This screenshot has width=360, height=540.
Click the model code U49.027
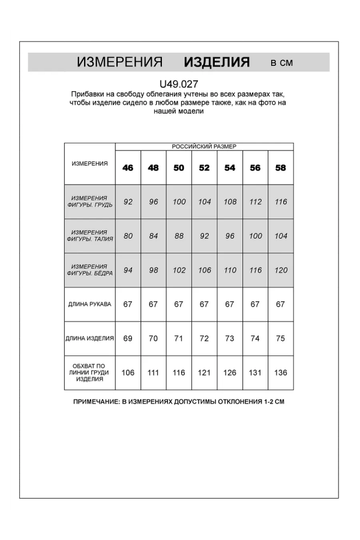[179, 85]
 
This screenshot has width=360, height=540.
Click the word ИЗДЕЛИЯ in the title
[217, 62]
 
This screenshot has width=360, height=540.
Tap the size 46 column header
[128, 168]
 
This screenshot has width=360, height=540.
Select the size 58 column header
[280, 168]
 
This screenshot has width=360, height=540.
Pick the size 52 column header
[204, 168]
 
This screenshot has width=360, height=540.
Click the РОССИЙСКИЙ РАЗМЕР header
[204, 146]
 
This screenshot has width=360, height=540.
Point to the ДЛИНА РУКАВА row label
[89, 304]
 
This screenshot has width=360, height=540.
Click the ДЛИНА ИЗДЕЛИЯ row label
[89, 338]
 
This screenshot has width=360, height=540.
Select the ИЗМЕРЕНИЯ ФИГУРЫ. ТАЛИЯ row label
[89, 236]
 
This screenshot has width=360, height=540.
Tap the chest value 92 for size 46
[128, 202]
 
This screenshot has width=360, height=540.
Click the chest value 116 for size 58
[280, 202]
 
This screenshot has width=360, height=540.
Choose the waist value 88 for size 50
[179, 236]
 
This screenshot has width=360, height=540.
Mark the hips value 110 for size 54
[230, 270]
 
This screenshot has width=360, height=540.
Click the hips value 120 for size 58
[280, 270]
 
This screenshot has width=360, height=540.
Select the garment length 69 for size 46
[128, 338]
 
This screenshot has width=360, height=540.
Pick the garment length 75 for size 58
[280, 338]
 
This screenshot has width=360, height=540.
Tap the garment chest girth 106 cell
[128, 373]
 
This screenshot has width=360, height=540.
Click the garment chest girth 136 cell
[280, 373]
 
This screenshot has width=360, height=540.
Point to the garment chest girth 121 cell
[204, 373]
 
